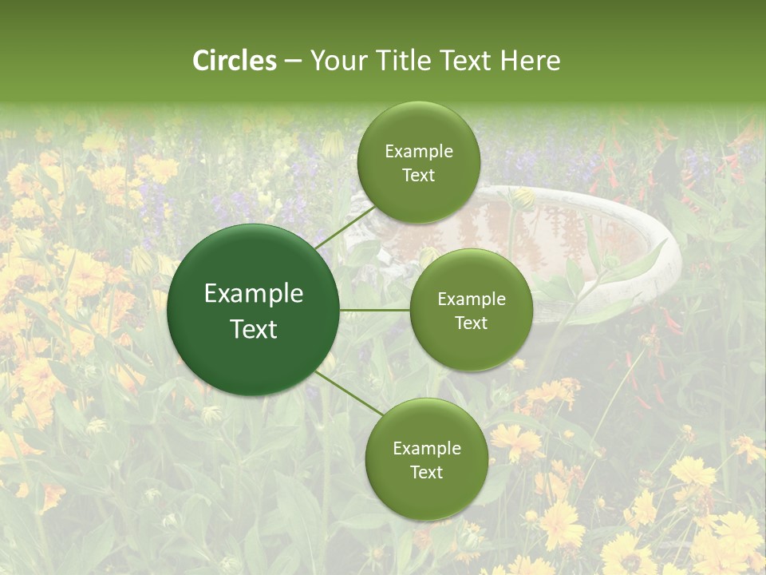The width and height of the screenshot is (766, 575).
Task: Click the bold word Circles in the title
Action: [235, 61]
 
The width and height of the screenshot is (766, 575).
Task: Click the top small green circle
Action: [418, 162]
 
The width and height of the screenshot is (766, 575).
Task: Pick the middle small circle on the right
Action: [471, 310]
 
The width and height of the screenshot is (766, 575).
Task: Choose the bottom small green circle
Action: [426, 459]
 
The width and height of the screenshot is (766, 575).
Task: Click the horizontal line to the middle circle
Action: [375, 310]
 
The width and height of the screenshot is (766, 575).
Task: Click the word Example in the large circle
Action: [253, 294]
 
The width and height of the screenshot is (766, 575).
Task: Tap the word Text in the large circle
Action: [253, 329]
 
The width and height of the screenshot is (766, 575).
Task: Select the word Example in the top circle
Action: [418, 151]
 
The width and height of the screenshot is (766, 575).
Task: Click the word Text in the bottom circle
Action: [426, 472]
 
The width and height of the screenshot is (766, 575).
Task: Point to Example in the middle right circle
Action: [471, 299]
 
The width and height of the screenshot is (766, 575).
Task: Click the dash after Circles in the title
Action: [293, 61]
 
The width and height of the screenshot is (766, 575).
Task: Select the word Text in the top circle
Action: [418, 175]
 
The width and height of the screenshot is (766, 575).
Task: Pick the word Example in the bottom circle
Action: [426, 448]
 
